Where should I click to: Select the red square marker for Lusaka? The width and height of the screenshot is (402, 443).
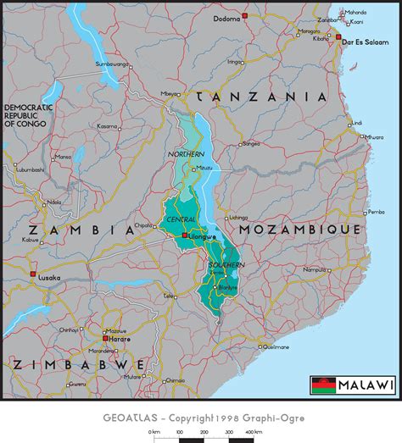point(33,274)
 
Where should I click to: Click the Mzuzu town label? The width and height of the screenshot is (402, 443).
point(204,168)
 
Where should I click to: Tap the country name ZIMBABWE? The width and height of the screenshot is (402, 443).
point(78,364)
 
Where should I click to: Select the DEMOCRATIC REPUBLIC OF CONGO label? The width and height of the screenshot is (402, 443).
point(29,114)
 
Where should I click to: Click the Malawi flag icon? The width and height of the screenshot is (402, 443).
point(322,385)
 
